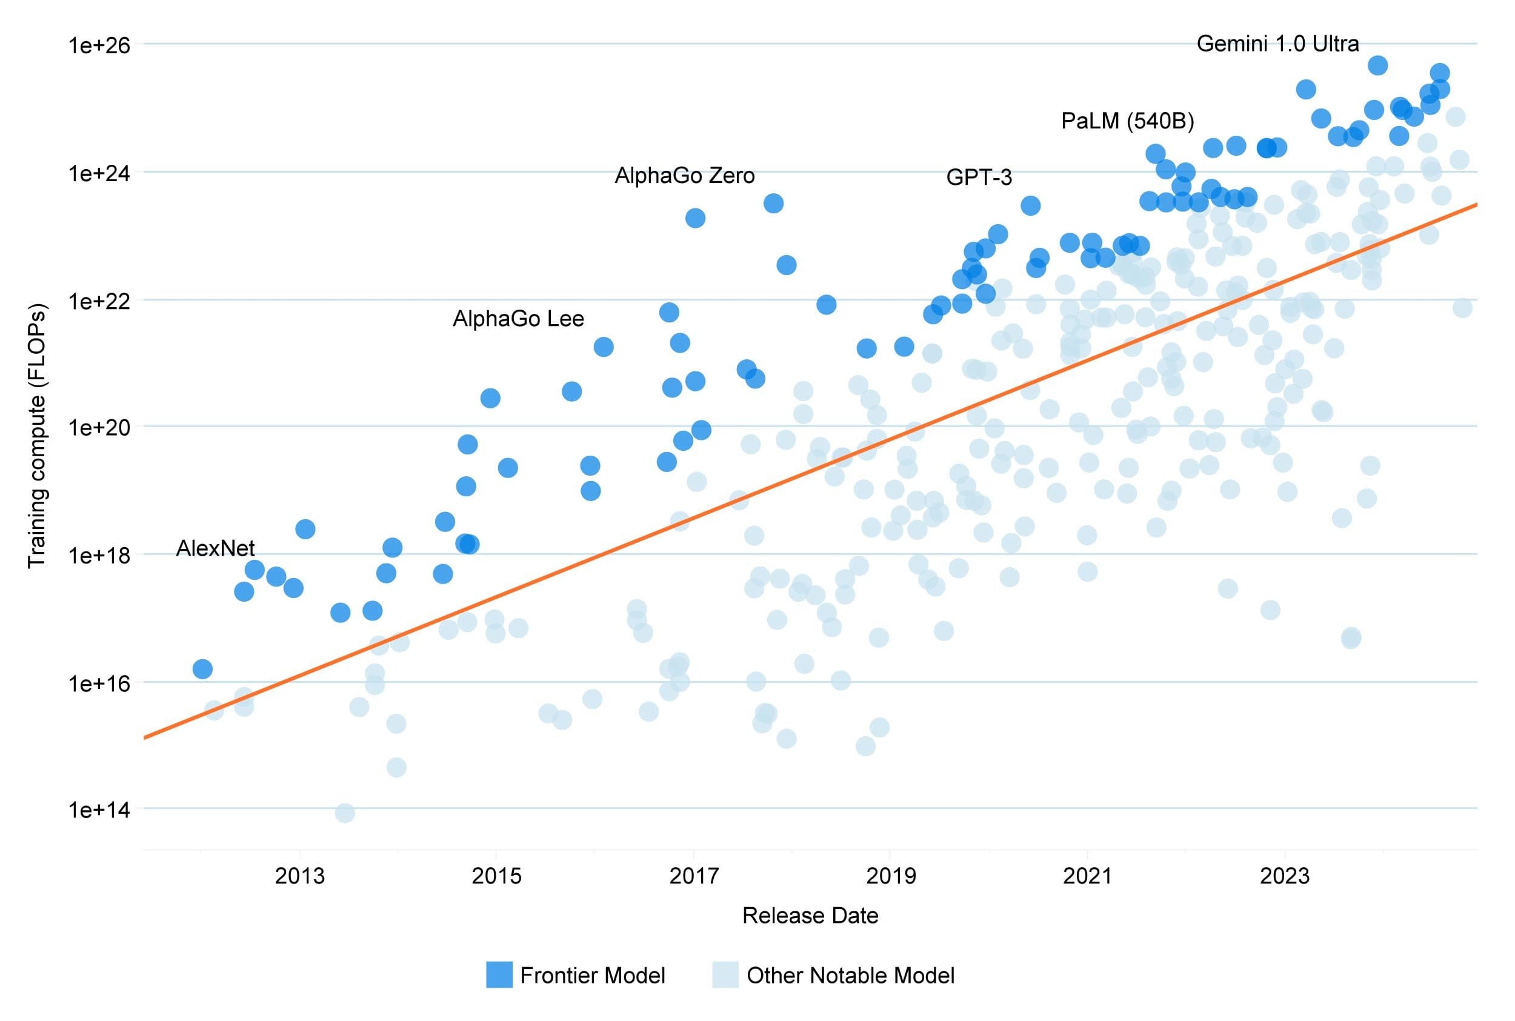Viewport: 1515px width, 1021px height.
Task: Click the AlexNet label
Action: (x=215, y=548)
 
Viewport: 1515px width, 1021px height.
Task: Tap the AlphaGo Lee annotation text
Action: (x=518, y=318)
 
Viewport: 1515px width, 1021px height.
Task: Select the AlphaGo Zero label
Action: (x=684, y=175)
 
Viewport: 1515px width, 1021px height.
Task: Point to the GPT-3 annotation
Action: (x=979, y=177)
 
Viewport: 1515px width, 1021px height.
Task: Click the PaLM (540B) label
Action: (x=1127, y=121)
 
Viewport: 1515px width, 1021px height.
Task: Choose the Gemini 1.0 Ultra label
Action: (x=1277, y=44)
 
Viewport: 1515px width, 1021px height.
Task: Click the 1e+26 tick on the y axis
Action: (x=99, y=45)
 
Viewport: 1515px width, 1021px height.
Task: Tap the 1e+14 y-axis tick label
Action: (x=99, y=810)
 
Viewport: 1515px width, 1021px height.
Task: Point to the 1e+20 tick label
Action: (x=99, y=427)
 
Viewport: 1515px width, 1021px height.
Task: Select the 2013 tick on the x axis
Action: (x=299, y=876)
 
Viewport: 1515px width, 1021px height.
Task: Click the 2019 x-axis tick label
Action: (x=891, y=876)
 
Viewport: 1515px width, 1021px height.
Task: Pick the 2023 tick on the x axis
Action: (x=1284, y=876)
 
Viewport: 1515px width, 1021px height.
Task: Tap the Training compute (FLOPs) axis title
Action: (x=37, y=436)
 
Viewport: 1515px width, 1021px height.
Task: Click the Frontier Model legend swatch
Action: (x=499, y=975)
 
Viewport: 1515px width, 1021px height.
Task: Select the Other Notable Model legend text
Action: (x=850, y=976)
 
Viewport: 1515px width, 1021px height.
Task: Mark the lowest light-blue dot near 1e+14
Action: (x=345, y=813)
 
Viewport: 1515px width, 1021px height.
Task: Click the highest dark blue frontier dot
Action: (x=1377, y=65)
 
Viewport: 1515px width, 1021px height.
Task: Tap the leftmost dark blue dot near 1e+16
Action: (x=202, y=669)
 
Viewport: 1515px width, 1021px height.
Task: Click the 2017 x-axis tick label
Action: (x=694, y=876)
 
